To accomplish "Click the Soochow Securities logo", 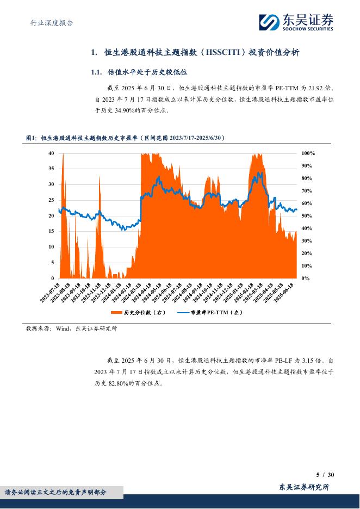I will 295,22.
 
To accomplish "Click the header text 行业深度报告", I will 51,23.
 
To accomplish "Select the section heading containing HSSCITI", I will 195,53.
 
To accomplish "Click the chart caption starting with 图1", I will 125,139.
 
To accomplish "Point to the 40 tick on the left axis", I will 51,153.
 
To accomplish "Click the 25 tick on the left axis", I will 51,200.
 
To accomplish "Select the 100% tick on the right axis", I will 308,153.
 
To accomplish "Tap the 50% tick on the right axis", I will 307,216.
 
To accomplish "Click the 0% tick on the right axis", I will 305,278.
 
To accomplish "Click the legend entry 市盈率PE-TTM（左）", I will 210,313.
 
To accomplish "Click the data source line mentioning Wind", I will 71,328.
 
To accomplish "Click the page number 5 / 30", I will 325,475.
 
